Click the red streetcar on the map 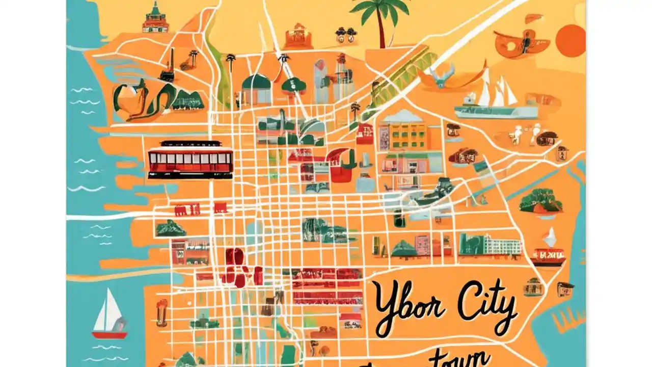[x=190, y=159]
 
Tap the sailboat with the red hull [x=108, y=316]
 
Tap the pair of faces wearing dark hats [x=346, y=35]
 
